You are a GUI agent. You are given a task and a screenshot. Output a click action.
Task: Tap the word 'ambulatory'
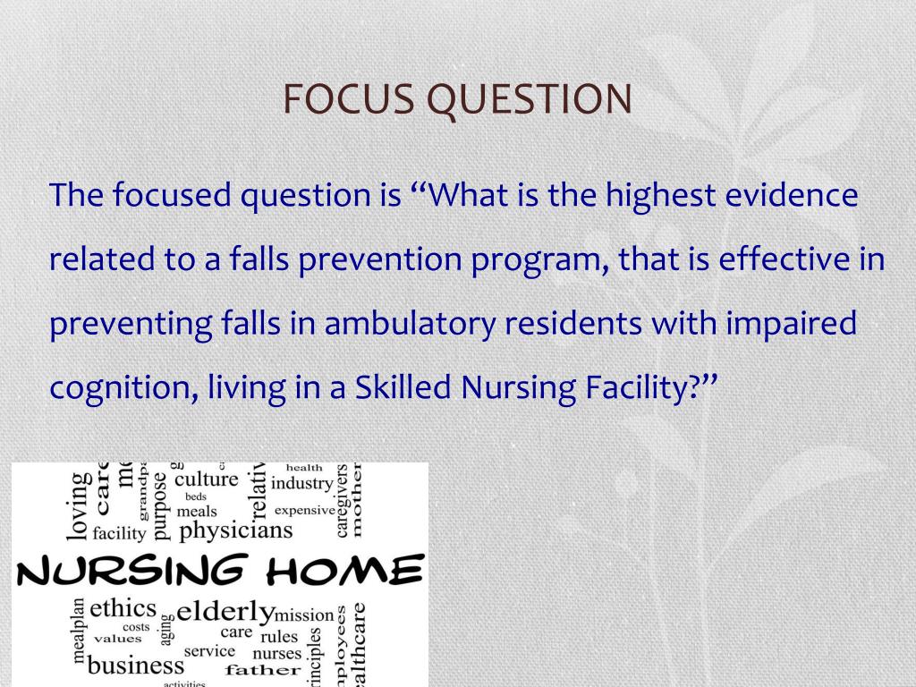tap(410, 323)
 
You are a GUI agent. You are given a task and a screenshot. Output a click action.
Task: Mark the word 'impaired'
tap(791, 324)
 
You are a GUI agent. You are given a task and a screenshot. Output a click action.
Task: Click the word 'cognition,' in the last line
tap(123, 388)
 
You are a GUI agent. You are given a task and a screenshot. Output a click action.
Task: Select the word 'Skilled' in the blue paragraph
tap(403, 387)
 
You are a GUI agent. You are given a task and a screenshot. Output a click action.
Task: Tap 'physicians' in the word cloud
tap(236, 530)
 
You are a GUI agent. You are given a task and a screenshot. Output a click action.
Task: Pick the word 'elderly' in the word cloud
tap(225, 613)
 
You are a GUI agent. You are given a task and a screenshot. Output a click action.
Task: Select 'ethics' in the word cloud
tap(123, 608)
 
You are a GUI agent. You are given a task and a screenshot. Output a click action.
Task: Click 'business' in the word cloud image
tap(136, 666)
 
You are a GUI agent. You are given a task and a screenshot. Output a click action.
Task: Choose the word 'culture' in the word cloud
tap(207, 479)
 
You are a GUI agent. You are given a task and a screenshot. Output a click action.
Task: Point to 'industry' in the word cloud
tap(301, 484)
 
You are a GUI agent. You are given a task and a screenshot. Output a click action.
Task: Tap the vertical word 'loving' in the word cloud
tap(79, 505)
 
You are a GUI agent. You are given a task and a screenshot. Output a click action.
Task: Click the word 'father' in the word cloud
tap(263, 669)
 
